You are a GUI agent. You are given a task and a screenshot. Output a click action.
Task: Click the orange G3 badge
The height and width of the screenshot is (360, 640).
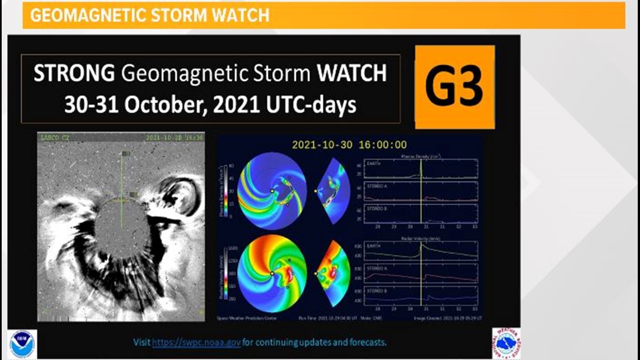[455, 87]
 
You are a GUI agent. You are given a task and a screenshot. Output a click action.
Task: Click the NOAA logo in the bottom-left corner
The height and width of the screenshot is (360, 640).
[22, 344]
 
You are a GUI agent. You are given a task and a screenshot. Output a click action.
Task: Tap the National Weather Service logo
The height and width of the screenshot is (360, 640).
[506, 343]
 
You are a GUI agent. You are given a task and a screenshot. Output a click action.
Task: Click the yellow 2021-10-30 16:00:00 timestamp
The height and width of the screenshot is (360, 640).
[349, 145]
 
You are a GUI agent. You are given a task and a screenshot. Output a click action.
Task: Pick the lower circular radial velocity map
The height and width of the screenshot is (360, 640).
[272, 274]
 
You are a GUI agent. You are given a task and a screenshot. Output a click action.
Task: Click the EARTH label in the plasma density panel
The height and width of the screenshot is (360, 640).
[373, 165]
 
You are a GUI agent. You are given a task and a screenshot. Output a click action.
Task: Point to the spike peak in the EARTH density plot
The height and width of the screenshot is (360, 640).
[420, 161]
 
